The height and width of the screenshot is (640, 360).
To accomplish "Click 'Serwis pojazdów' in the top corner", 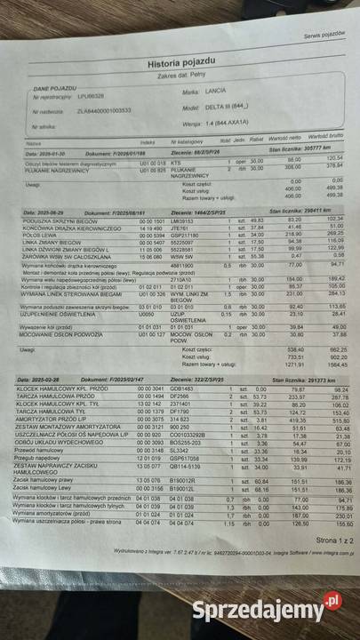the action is (324, 35).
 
